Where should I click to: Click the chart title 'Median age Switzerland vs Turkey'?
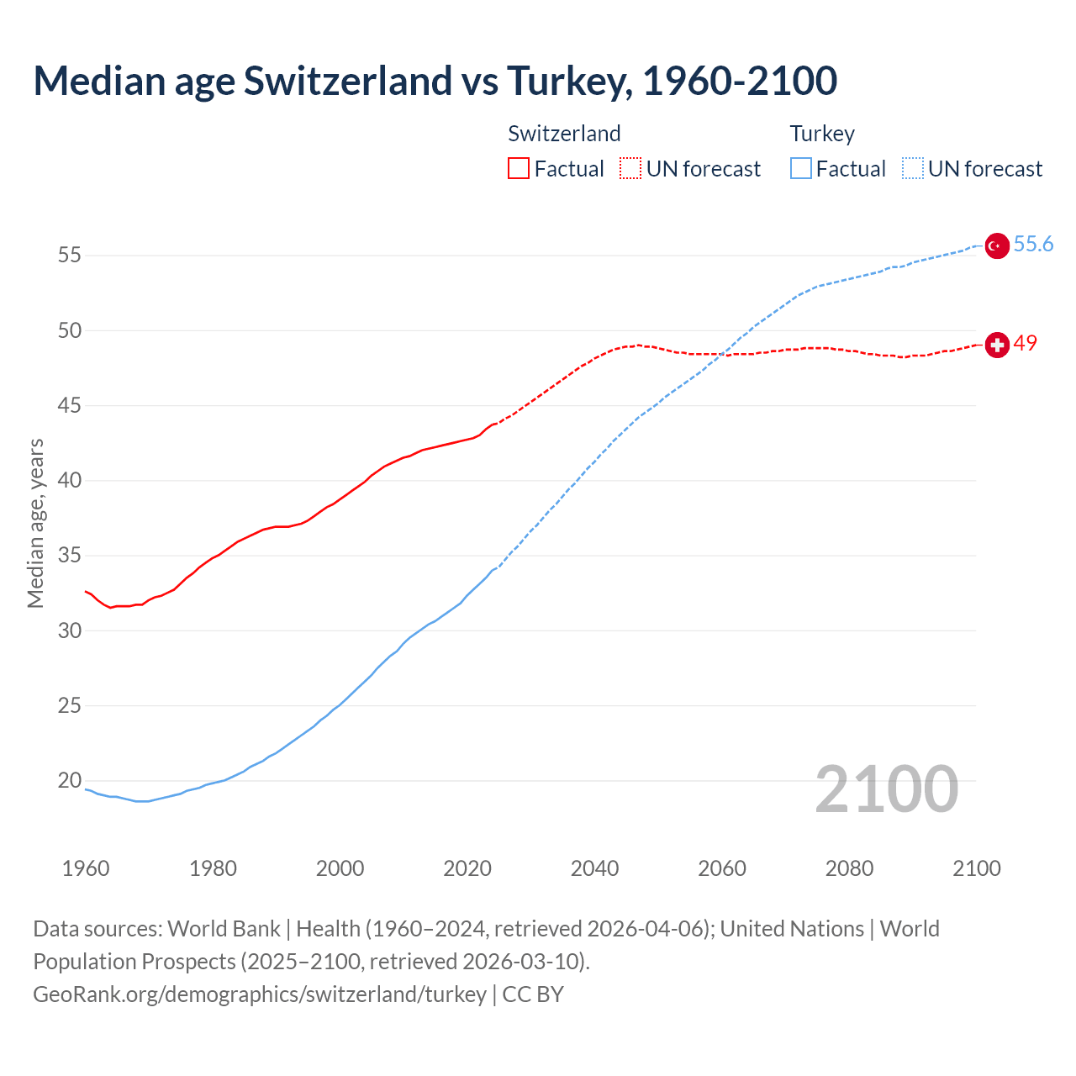(435, 81)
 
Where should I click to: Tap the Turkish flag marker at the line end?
(996, 245)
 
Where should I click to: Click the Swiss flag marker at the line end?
(996, 345)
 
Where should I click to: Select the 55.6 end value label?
(1033, 245)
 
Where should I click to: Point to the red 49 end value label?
(1025, 344)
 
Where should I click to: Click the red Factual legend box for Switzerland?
(519, 169)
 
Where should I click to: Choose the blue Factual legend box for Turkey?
(800, 169)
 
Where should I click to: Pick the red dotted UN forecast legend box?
(630, 169)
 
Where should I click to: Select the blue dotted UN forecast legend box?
(912, 169)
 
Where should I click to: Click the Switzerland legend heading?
(564, 134)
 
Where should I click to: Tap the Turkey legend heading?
(821, 134)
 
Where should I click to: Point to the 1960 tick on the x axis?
(86, 868)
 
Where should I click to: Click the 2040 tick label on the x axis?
(594, 868)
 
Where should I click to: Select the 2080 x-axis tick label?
(849, 868)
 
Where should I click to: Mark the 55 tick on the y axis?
(70, 256)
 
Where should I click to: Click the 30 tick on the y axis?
(70, 630)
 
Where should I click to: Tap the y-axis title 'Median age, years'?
(35, 523)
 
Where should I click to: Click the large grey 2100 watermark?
(886, 789)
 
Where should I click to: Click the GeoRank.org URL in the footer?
(260, 994)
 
